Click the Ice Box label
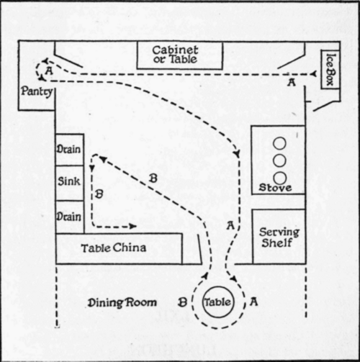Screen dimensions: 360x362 pyautogui.click(x=331, y=69)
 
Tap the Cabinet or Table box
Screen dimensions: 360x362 pyautogui.click(x=180, y=55)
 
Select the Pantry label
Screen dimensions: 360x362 pyautogui.click(x=37, y=91)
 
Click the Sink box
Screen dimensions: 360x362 pyautogui.click(x=70, y=183)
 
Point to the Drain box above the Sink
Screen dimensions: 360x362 pyautogui.click(x=70, y=150)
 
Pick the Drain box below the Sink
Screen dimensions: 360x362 pyautogui.click(x=70, y=217)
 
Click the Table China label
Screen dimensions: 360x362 pyautogui.click(x=113, y=248)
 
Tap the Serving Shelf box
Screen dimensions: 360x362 pyautogui.click(x=279, y=237)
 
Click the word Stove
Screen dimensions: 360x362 pyautogui.click(x=275, y=188)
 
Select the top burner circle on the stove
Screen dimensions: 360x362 pyautogui.click(x=280, y=143)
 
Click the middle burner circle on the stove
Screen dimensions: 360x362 pyautogui.click(x=280, y=160)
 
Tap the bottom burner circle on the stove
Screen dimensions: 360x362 pyautogui.click(x=280, y=178)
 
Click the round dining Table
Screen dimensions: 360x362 pyautogui.click(x=218, y=302)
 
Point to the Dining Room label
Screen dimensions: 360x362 pyautogui.click(x=122, y=302)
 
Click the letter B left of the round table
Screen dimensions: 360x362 pyautogui.click(x=182, y=302)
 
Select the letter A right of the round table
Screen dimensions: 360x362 pyautogui.click(x=253, y=302)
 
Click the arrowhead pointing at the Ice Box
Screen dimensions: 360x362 pyautogui.click(x=313, y=74)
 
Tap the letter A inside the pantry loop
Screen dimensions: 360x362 pyautogui.click(x=49, y=71)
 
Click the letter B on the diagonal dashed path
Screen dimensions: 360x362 pyautogui.click(x=153, y=178)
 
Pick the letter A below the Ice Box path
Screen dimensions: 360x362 pyautogui.click(x=292, y=83)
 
